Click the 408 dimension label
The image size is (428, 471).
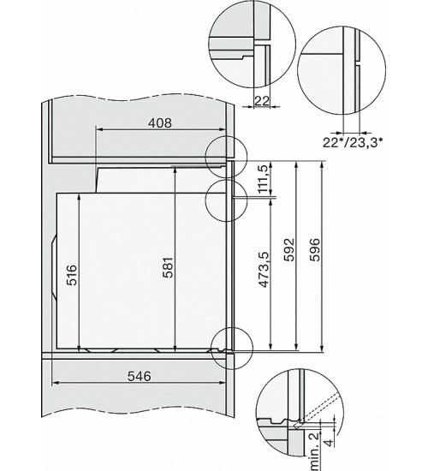160,122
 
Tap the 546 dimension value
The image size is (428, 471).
139,376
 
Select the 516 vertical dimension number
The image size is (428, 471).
72,275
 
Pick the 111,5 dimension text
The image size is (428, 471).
263,179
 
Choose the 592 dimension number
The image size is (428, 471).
289,250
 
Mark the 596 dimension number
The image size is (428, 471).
314,250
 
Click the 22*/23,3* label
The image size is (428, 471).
353,142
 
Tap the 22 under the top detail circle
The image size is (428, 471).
262,101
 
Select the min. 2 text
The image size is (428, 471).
315,450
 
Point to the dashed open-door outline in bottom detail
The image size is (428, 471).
318,410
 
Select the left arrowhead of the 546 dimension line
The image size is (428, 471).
55,383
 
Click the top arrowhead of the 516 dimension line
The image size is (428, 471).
79,196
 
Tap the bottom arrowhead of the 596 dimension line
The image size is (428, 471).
322,348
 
